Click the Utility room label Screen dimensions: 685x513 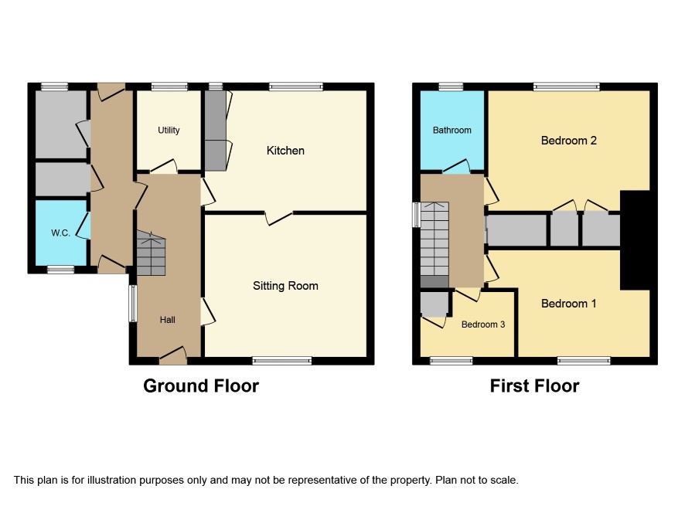pyautogui.click(x=169, y=130)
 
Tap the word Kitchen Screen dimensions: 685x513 pyautogui.click(x=285, y=151)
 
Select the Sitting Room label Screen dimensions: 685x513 pyautogui.click(x=285, y=286)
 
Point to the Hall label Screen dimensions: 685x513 pyautogui.click(x=167, y=320)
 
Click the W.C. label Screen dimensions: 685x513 pyautogui.click(x=61, y=233)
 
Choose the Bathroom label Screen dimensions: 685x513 pyautogui.click(x=452, y=130)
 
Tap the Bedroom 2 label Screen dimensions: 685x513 pyautogui.click(x=569, y=141)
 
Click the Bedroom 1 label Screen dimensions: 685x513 pyautogui.click(x=569, y=304)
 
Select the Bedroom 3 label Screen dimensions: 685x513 pyautogui.click(x=483, y=324)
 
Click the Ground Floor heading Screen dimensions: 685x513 pyautogui.click(x=201, y=386)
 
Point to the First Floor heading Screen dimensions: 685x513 pyautogui.click(x=535, y=386)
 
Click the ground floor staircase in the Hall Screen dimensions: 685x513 pyautogui.click(x=152, y=253)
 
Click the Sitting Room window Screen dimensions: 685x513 pyautogui.click(x=282, y=361)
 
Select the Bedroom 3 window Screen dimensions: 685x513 pyautogui.click(x=452, y=361)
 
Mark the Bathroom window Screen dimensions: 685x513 pyautogui.click(x=451, y=87)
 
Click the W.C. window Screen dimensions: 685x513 pyautogui.click(x=61, y=270)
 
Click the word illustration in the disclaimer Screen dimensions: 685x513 pyautogui.click(x=111, y=481)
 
